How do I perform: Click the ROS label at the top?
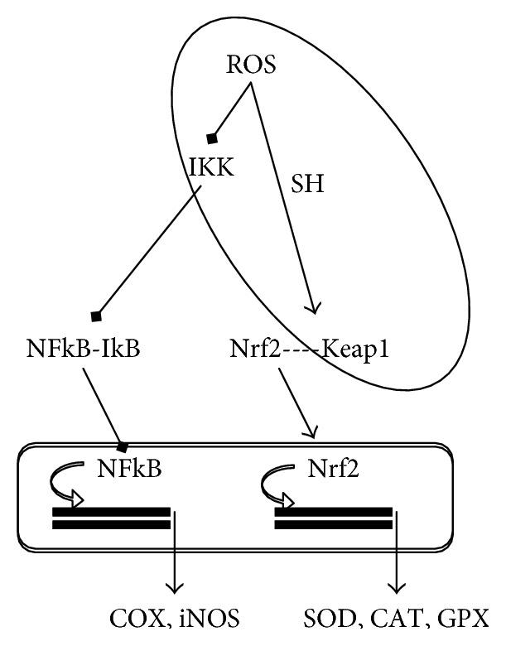click(x=251, y=65)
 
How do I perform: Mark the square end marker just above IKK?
click(x=212, y=137)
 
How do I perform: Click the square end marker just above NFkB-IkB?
click(x=96, y=316)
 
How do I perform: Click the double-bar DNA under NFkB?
click(x=111, y=518)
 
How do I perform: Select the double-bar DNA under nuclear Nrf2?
click(x=333, y=518)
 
